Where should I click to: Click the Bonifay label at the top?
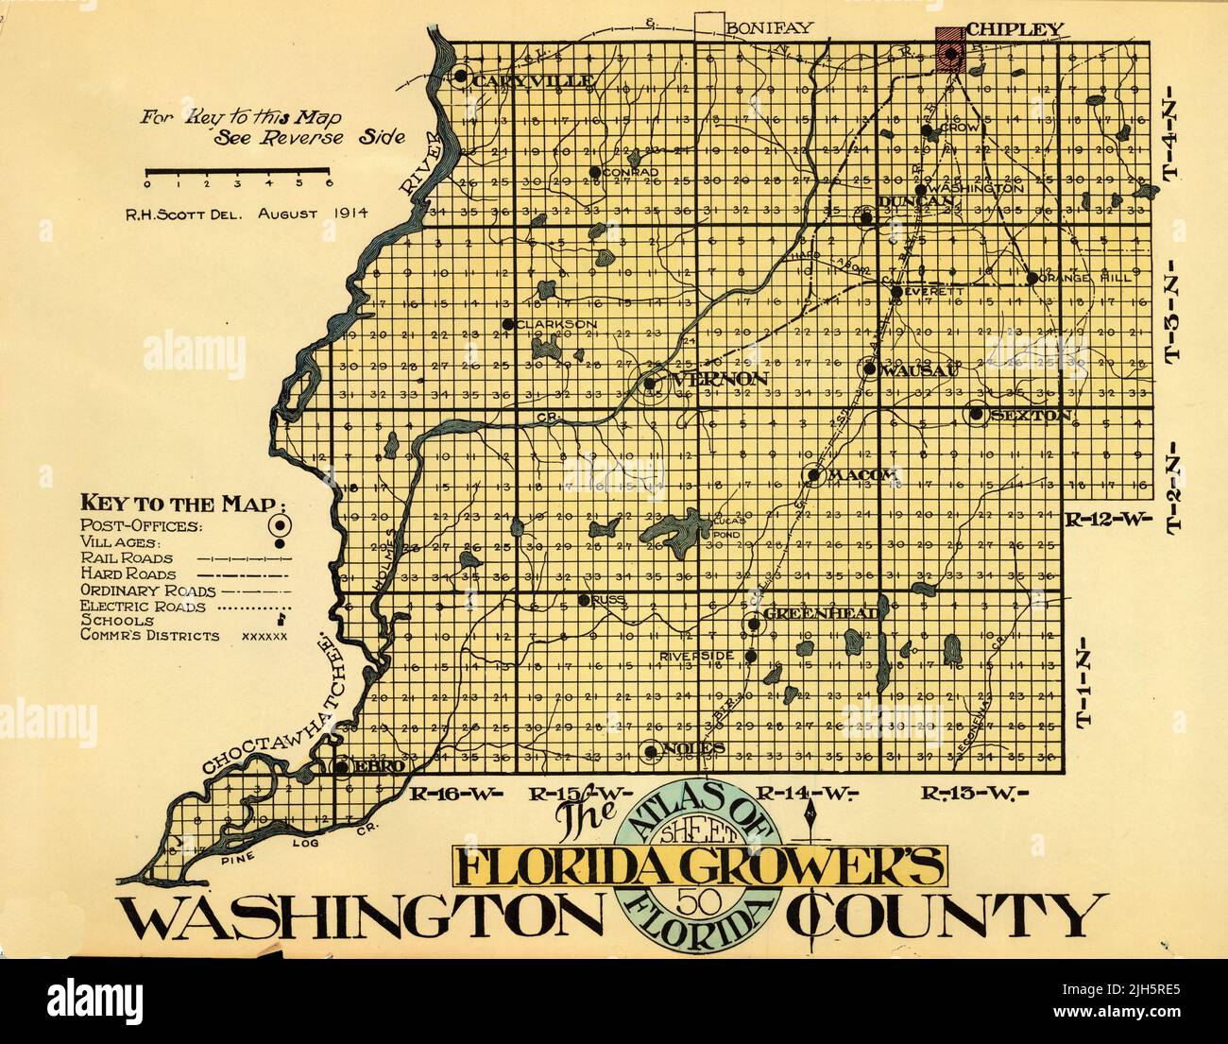click(x=769, y=27)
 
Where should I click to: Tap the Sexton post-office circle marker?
click(x=975, y=414)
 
